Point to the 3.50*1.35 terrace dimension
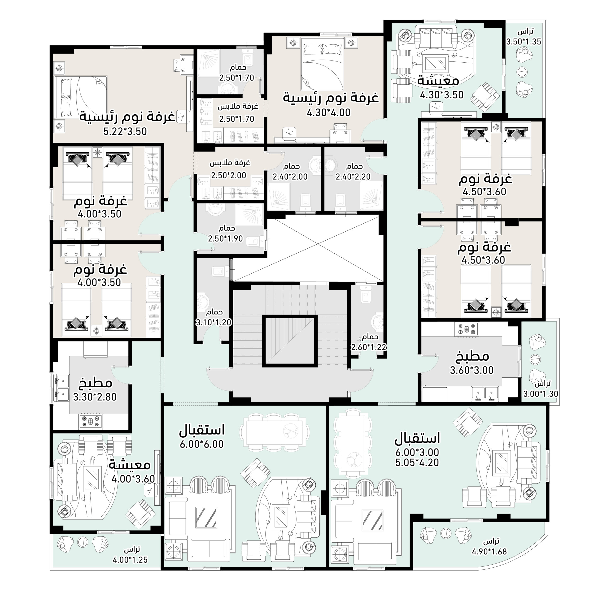tap(524, 42)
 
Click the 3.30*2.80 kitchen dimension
tap(95, 397)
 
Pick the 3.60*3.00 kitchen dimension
tap(472, 370)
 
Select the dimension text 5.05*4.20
tap(417, 462)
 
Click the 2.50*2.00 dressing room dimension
tap(229, 175)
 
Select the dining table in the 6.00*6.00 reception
tap(275, 432)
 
